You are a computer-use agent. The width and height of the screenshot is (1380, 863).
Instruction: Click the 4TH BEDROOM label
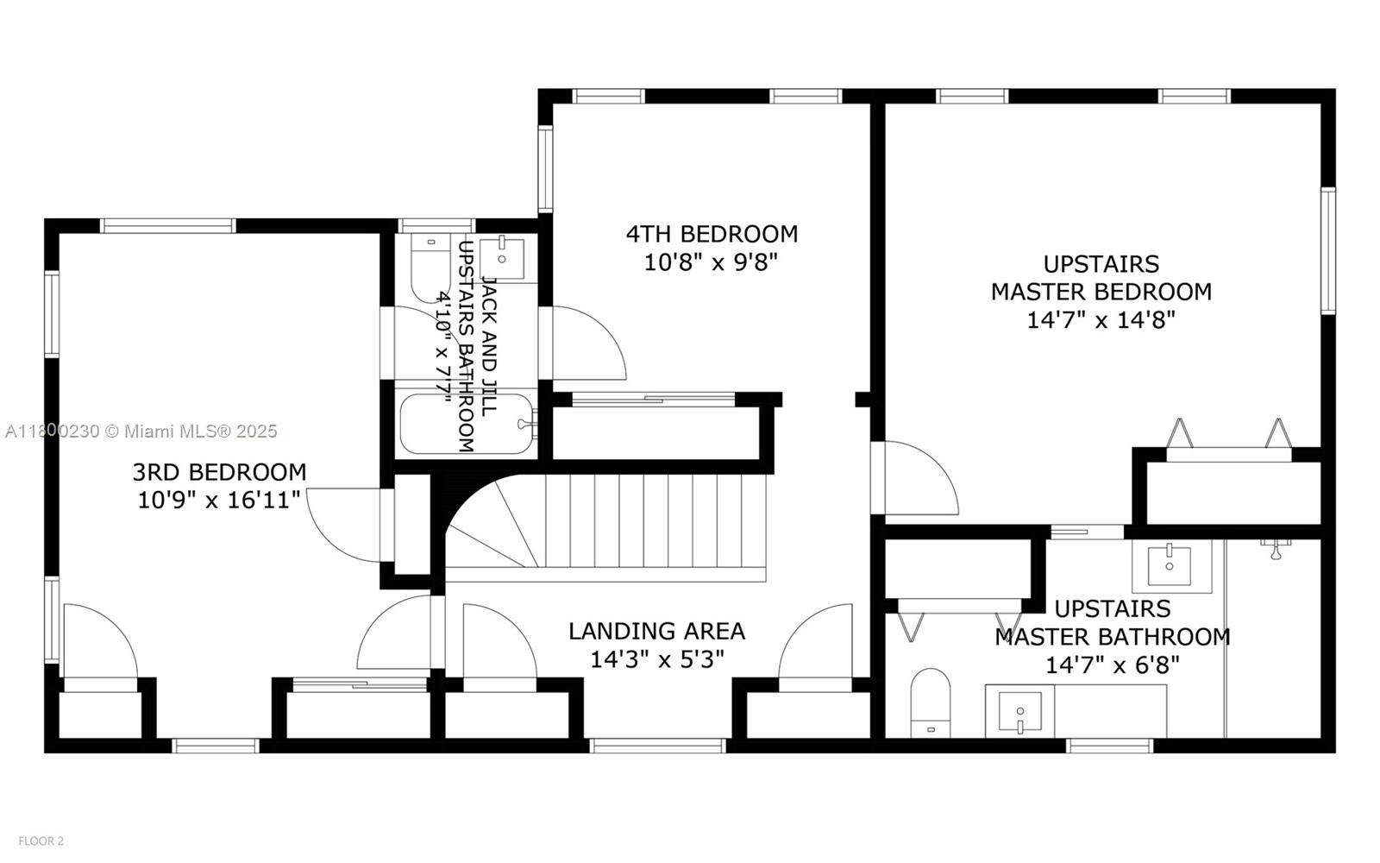(712, 234)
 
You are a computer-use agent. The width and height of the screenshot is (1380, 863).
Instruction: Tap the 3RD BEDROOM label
(219, 472)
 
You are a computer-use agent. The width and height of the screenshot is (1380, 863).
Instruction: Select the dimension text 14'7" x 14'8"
(1101, 320)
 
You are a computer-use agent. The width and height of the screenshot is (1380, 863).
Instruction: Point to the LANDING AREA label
(656, 631)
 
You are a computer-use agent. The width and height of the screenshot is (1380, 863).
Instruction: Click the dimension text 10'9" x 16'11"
(219, 500)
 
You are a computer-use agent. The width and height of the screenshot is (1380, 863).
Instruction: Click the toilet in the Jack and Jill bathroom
(430, 268)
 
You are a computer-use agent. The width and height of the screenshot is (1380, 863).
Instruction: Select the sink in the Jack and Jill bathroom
(501, 259)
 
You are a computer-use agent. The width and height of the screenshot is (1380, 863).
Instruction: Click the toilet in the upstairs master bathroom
(931, 702)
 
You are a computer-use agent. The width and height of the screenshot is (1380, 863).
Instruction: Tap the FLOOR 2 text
(41, 841)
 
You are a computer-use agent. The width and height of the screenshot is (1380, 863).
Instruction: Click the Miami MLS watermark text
(141, 431)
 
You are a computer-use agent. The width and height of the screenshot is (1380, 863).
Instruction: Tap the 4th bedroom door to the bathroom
(583, 343)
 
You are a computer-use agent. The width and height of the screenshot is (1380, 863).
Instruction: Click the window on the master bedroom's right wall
(1328, 251)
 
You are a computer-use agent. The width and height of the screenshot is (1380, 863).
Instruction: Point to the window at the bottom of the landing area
(657, 746)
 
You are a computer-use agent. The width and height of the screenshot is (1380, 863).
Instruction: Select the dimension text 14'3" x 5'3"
(656, 659)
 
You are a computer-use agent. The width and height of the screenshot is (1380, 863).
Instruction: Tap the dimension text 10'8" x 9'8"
(712, 263)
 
